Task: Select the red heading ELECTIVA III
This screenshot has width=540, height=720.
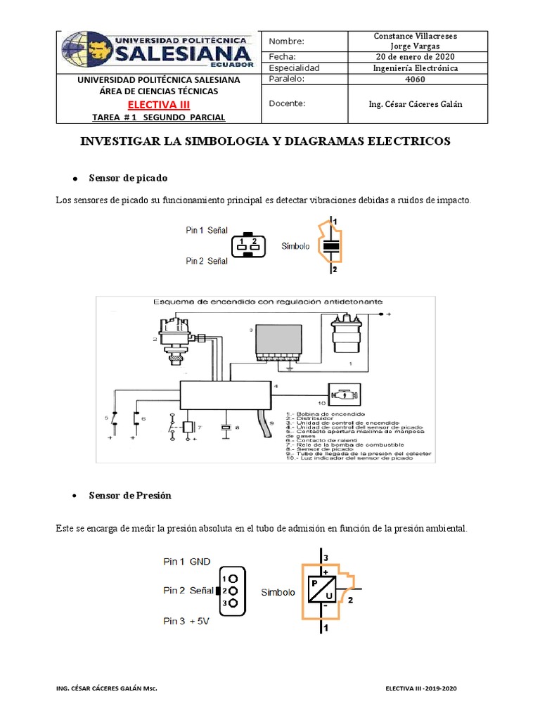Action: pos(158,105)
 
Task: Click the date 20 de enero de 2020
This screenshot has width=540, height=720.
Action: pos(415,57)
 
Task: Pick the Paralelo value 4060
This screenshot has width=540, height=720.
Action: pos(415,79)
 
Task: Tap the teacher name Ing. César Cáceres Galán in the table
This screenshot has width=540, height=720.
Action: pos(416,104)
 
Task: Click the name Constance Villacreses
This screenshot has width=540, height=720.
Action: pos(415,36)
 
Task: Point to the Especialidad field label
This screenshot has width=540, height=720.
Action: pos(295,68)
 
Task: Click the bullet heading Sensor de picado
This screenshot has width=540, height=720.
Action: pos(128,179)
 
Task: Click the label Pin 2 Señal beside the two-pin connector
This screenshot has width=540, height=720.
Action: pos(207,261)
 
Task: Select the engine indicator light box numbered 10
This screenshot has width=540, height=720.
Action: pos(345,395)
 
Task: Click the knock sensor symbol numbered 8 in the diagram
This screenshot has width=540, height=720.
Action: pos(226,428)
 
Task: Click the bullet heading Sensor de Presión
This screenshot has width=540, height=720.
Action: pos(130,496)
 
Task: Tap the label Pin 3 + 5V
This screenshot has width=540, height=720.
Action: pos(187,621)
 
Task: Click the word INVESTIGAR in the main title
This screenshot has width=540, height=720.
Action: pos(114,141)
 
